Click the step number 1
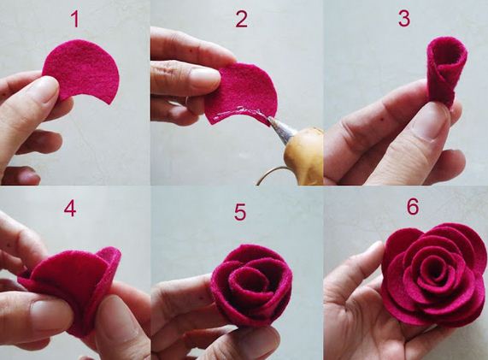click(x=75, y=20)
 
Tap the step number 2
click(x=242, y=19)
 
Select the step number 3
click(x=404, y=18)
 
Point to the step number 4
click(x=70, y=209)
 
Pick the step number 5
click(x=240, y=212)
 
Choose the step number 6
click(x=413, y=206)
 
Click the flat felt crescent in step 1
click(x=81, y=71)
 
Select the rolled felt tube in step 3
click(x=447, y=71)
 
